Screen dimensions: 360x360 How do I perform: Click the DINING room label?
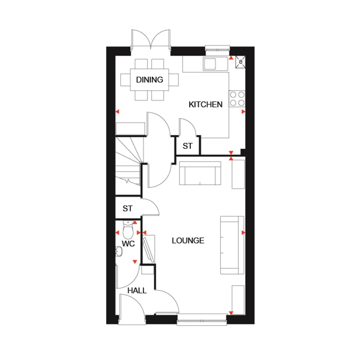[x=150, y=80]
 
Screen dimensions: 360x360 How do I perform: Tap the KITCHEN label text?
[x=206, y=104]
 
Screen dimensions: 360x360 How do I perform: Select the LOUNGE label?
[x=188, y=240]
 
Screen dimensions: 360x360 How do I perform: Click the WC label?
[x=128, y=244]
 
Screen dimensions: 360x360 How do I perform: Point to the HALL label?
[x=137, y=291]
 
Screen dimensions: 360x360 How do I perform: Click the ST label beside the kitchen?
[x=188, y=146]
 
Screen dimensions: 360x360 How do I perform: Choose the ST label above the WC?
[x=128, y=208]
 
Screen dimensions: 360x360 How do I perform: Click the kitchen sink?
[x=211, y=63]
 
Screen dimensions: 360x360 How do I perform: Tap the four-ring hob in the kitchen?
[x=237, y=98]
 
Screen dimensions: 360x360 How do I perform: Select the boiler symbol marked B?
[x=241, y=62]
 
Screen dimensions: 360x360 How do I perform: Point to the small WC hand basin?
[x=119, y=251]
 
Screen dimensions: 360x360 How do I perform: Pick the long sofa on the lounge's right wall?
[x=232, y=245]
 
